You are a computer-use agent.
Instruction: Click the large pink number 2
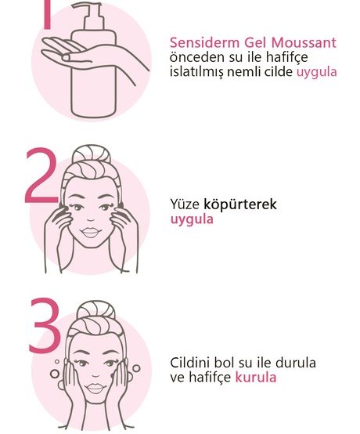tap(41, 175)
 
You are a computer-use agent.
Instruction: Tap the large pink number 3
tap(45, 326)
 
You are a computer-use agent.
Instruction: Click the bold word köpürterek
tap(240, 204)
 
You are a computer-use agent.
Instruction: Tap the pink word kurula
tap(256, 377)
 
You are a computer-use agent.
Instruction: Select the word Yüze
tap(185, 204)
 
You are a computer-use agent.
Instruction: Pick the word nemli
tap(243, 72)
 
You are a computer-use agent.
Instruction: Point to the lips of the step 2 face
tap(91, 232)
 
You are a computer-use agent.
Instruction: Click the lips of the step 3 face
tap(95, 389)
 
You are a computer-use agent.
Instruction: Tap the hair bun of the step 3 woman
tap(95, 310)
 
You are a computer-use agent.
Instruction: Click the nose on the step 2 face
tap(91, 219)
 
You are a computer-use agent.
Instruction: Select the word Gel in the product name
tap(255, 43)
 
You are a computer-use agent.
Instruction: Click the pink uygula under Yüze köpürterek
tap(192, 219)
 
